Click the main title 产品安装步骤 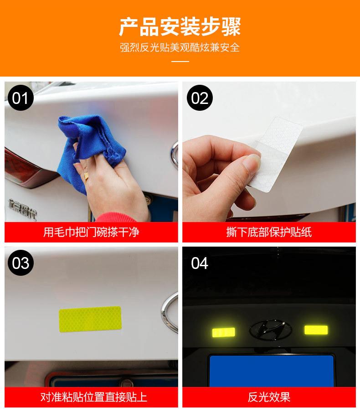[x=180, y=26]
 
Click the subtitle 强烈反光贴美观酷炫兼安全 [x=180, y=47]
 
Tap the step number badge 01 [x=21, y=98]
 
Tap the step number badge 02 [x=200, y=98]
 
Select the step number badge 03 [x=21, y=263]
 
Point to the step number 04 [x=200, y=263]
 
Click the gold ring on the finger [x=86, y=176]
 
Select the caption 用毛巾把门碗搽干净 [x=91, y=232]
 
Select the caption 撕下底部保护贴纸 [x=269, y=232]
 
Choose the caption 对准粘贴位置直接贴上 [x=93, y=397]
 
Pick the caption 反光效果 [x=269, y=397]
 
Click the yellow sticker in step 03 [x=90, y=319]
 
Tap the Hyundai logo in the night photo [x=271, y=330]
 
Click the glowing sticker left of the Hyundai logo [x=224, y=332]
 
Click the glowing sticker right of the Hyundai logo [x=316, y=330]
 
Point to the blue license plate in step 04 [x=272, y=371]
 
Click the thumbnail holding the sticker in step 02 [x=252, y=161]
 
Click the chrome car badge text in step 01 [x=22, y=208]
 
